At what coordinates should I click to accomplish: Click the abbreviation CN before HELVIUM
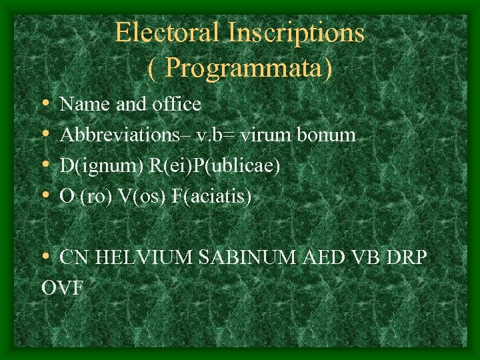pos(74,257)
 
